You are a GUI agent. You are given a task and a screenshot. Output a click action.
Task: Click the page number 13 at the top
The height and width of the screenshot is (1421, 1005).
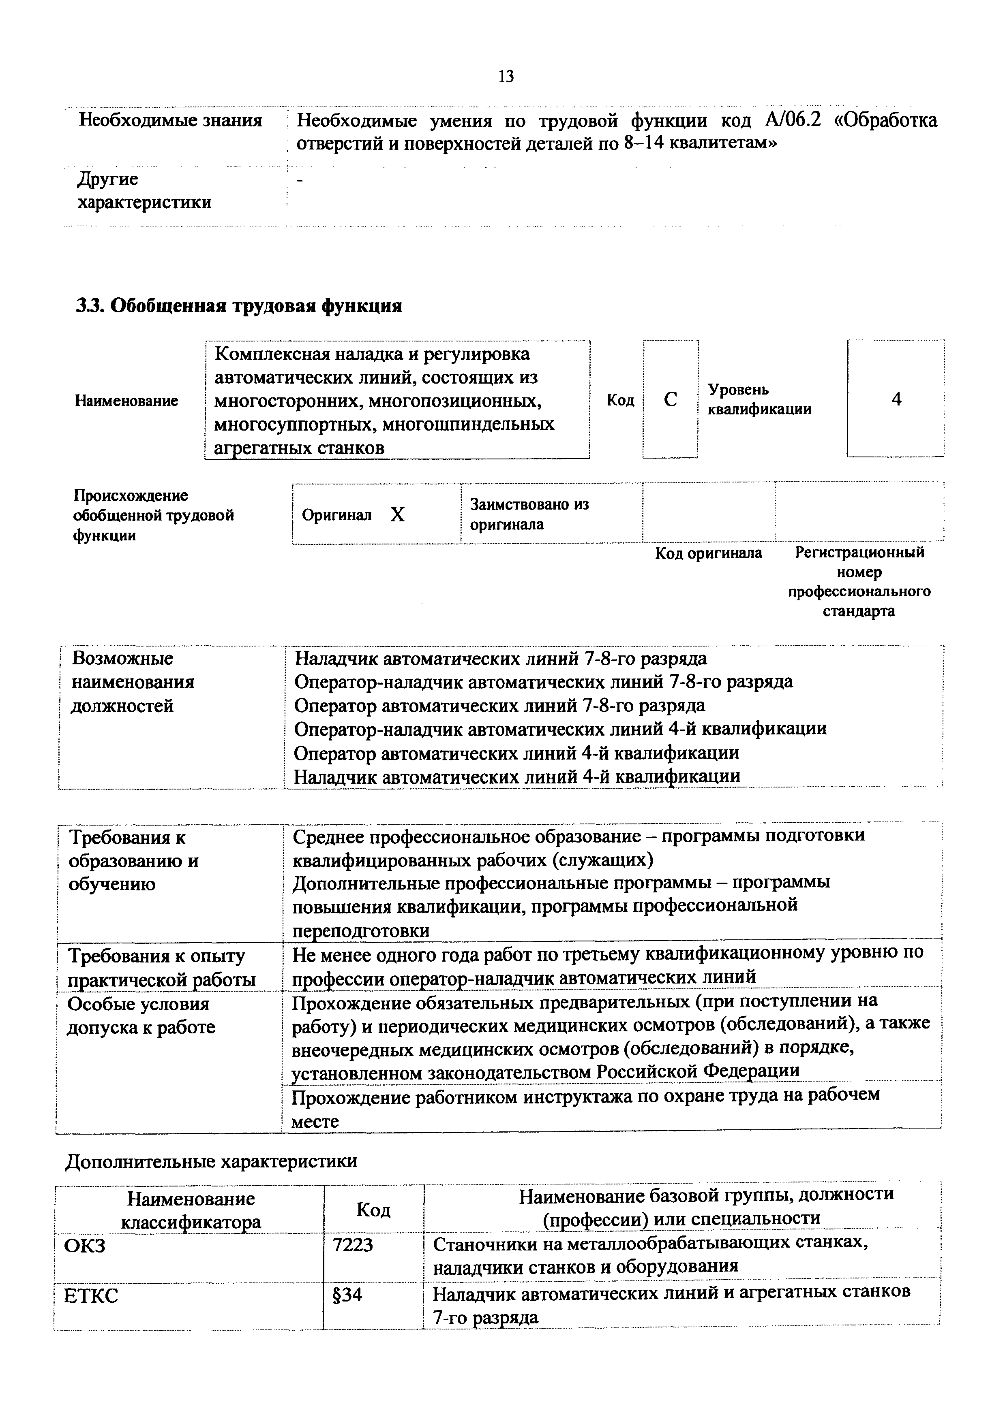point(505,77)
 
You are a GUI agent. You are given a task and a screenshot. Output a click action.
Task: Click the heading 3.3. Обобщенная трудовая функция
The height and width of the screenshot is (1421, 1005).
point(238,306)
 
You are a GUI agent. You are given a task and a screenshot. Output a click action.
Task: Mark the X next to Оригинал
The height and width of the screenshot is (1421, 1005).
point(398,515)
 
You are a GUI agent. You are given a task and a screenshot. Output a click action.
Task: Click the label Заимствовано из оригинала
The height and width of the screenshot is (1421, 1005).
point(529,514)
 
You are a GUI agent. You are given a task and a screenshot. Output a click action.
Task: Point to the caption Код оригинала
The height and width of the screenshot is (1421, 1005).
point(708,553)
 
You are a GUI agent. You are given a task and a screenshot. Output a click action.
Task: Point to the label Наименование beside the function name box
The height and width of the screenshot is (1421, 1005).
point(126,401)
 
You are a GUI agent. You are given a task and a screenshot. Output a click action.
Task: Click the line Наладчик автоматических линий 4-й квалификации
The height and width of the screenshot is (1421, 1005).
point(516,776)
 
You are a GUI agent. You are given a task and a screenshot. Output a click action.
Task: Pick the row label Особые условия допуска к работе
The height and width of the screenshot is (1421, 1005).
point(141,1016)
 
